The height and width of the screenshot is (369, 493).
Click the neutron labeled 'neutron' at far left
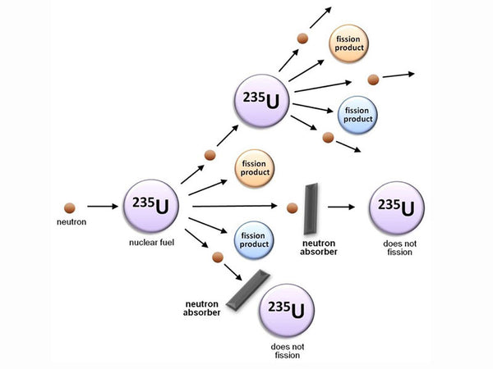point(69,207)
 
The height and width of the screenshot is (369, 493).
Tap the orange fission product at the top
point(353,43)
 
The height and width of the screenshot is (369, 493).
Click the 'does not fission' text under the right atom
point(398,248)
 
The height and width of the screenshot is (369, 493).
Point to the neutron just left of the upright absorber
point(291,207)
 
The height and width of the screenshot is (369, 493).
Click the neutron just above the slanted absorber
point(218,257)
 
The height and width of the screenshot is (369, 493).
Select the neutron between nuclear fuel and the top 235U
point(210,155)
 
